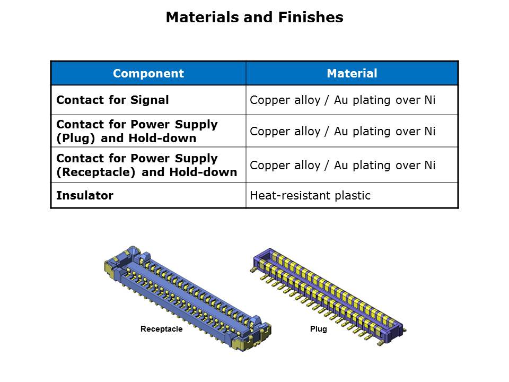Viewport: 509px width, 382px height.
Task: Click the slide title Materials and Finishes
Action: tap(254, 17)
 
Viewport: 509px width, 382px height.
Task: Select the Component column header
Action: tap(148, 73)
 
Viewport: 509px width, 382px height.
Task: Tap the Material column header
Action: tap(352, 73)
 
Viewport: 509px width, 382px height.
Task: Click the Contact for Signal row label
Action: tap(112, 100)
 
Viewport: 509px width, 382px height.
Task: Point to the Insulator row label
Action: tap(85, 196)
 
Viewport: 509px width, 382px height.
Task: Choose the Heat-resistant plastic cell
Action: tap(310, 196)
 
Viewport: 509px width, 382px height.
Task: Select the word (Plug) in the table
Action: tap(76, 138)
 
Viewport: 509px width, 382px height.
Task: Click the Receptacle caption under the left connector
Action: tap(161, 329)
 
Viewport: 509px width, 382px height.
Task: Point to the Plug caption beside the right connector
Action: tap(319, 329)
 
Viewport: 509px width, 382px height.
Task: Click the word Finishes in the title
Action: tap(311, 17)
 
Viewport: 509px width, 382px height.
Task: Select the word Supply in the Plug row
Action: tap(196, 125)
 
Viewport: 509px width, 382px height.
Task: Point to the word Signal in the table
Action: tap(150, 100)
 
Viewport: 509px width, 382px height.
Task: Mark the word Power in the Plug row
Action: tap(150, 125)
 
